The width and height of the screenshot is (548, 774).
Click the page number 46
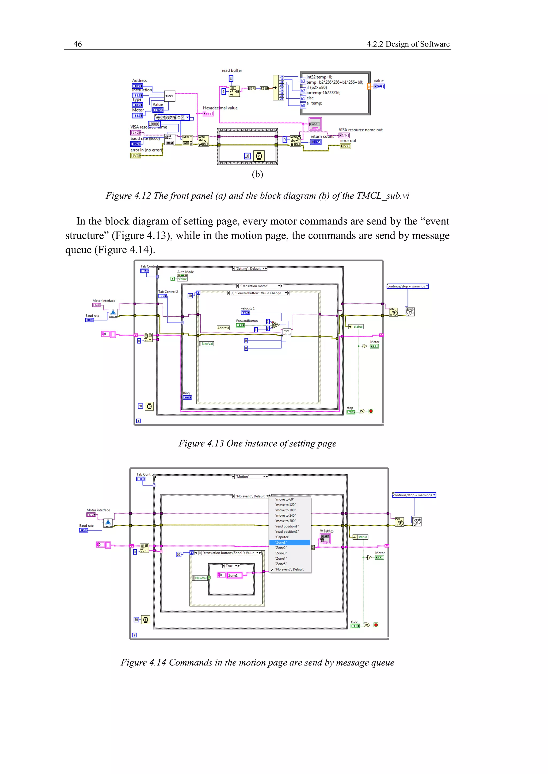[x=77, y=44]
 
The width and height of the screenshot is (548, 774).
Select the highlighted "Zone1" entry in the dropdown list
[x=290, y=542]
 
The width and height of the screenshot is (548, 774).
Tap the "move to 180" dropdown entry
[x=286, y=510]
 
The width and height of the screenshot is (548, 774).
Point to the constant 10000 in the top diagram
[x=154, y=124]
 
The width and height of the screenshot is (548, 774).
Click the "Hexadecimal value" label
[x=220, y=108]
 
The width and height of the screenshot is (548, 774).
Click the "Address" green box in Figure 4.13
[x=223, y=328]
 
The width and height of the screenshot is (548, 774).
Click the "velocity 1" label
[x=248, y=308]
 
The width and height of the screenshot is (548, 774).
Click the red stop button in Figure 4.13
[x=371, y=411]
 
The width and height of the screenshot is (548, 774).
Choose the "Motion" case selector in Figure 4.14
[x=250, y=477]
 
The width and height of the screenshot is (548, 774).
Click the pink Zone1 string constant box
[x=234, y=575]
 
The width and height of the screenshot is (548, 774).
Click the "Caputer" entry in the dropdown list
[x=282, y=537]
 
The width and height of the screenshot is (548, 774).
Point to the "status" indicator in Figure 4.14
[x=362, y=537]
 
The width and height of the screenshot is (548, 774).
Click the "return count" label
[x=322, y=137]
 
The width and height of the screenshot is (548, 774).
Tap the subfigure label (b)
[x=257, y=174]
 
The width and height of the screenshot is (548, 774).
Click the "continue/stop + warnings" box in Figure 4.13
[x=407, y=286]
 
